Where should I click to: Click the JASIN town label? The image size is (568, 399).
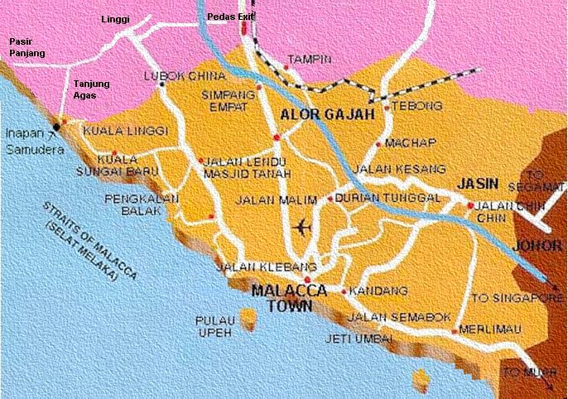coord(477,186)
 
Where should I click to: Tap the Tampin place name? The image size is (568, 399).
coord(309,60)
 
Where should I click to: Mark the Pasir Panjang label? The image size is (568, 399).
coord(26,47)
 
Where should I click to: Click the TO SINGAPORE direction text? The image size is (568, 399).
coord(517,297)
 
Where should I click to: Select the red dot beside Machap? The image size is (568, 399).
coord(378,144)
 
